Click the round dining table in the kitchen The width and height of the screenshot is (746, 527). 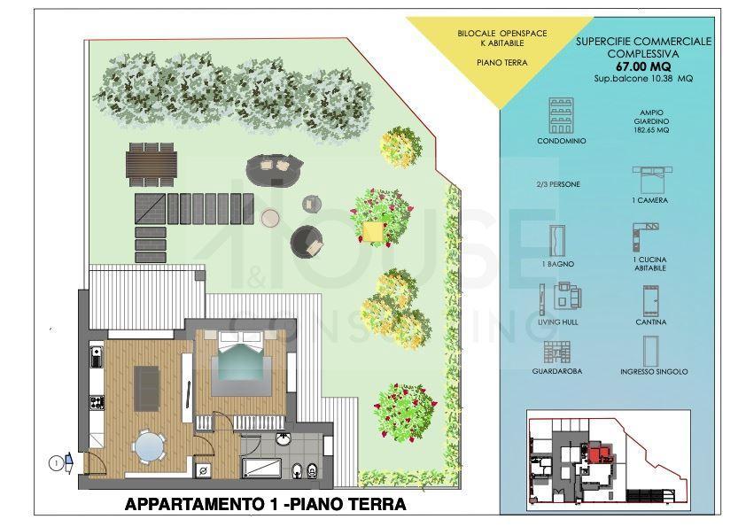pos(150,446)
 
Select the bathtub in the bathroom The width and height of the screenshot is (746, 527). pos(260,468)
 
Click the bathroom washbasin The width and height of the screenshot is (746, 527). pos(284,438)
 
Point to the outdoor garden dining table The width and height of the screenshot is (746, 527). pos(152,163)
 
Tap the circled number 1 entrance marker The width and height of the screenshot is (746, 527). pos(56,462)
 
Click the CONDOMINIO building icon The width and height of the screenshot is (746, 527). pos(561,115)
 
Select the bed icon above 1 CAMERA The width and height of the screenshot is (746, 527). pos(652,179)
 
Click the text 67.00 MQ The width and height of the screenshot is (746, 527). pos(643,66)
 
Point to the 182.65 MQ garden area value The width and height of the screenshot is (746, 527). pos(651,130)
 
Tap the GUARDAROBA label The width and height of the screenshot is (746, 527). pos(557,371)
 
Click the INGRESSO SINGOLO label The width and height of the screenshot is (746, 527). pos(654,371)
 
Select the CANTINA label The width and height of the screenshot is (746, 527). pos(651,322)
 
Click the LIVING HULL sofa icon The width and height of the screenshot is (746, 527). pos(564,297)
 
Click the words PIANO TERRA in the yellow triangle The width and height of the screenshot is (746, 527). pos(502,62)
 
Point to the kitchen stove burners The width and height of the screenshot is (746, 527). pos(97,402)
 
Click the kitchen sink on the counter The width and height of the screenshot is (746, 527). pos(97,357)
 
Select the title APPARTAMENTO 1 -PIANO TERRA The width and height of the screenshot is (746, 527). pos(266,504)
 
